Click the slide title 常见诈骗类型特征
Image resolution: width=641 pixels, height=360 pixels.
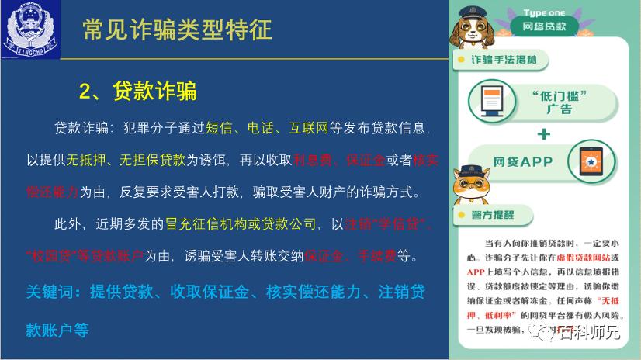[177, 29]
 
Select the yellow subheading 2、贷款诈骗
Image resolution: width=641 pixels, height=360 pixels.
[137, 92]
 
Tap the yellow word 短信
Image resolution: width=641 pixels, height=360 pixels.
[222, 127]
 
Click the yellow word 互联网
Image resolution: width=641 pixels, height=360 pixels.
[309, 127]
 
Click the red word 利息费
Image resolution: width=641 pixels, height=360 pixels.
[312, 161]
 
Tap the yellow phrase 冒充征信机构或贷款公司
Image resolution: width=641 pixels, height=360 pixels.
[241, 224]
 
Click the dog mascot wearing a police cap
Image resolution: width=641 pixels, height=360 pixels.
[473, 30]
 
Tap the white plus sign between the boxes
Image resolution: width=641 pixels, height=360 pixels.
[543, 133]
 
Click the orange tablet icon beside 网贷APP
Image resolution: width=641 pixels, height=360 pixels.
[592, 161]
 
